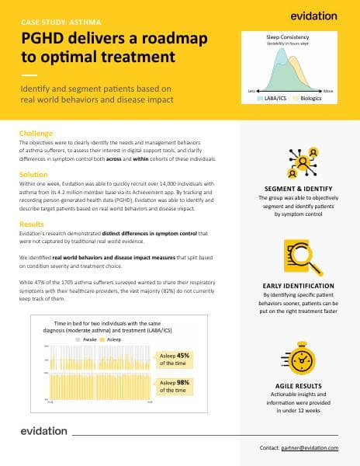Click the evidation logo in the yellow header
[313, 15]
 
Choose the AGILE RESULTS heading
[299, 386]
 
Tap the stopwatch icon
[299, 355]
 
